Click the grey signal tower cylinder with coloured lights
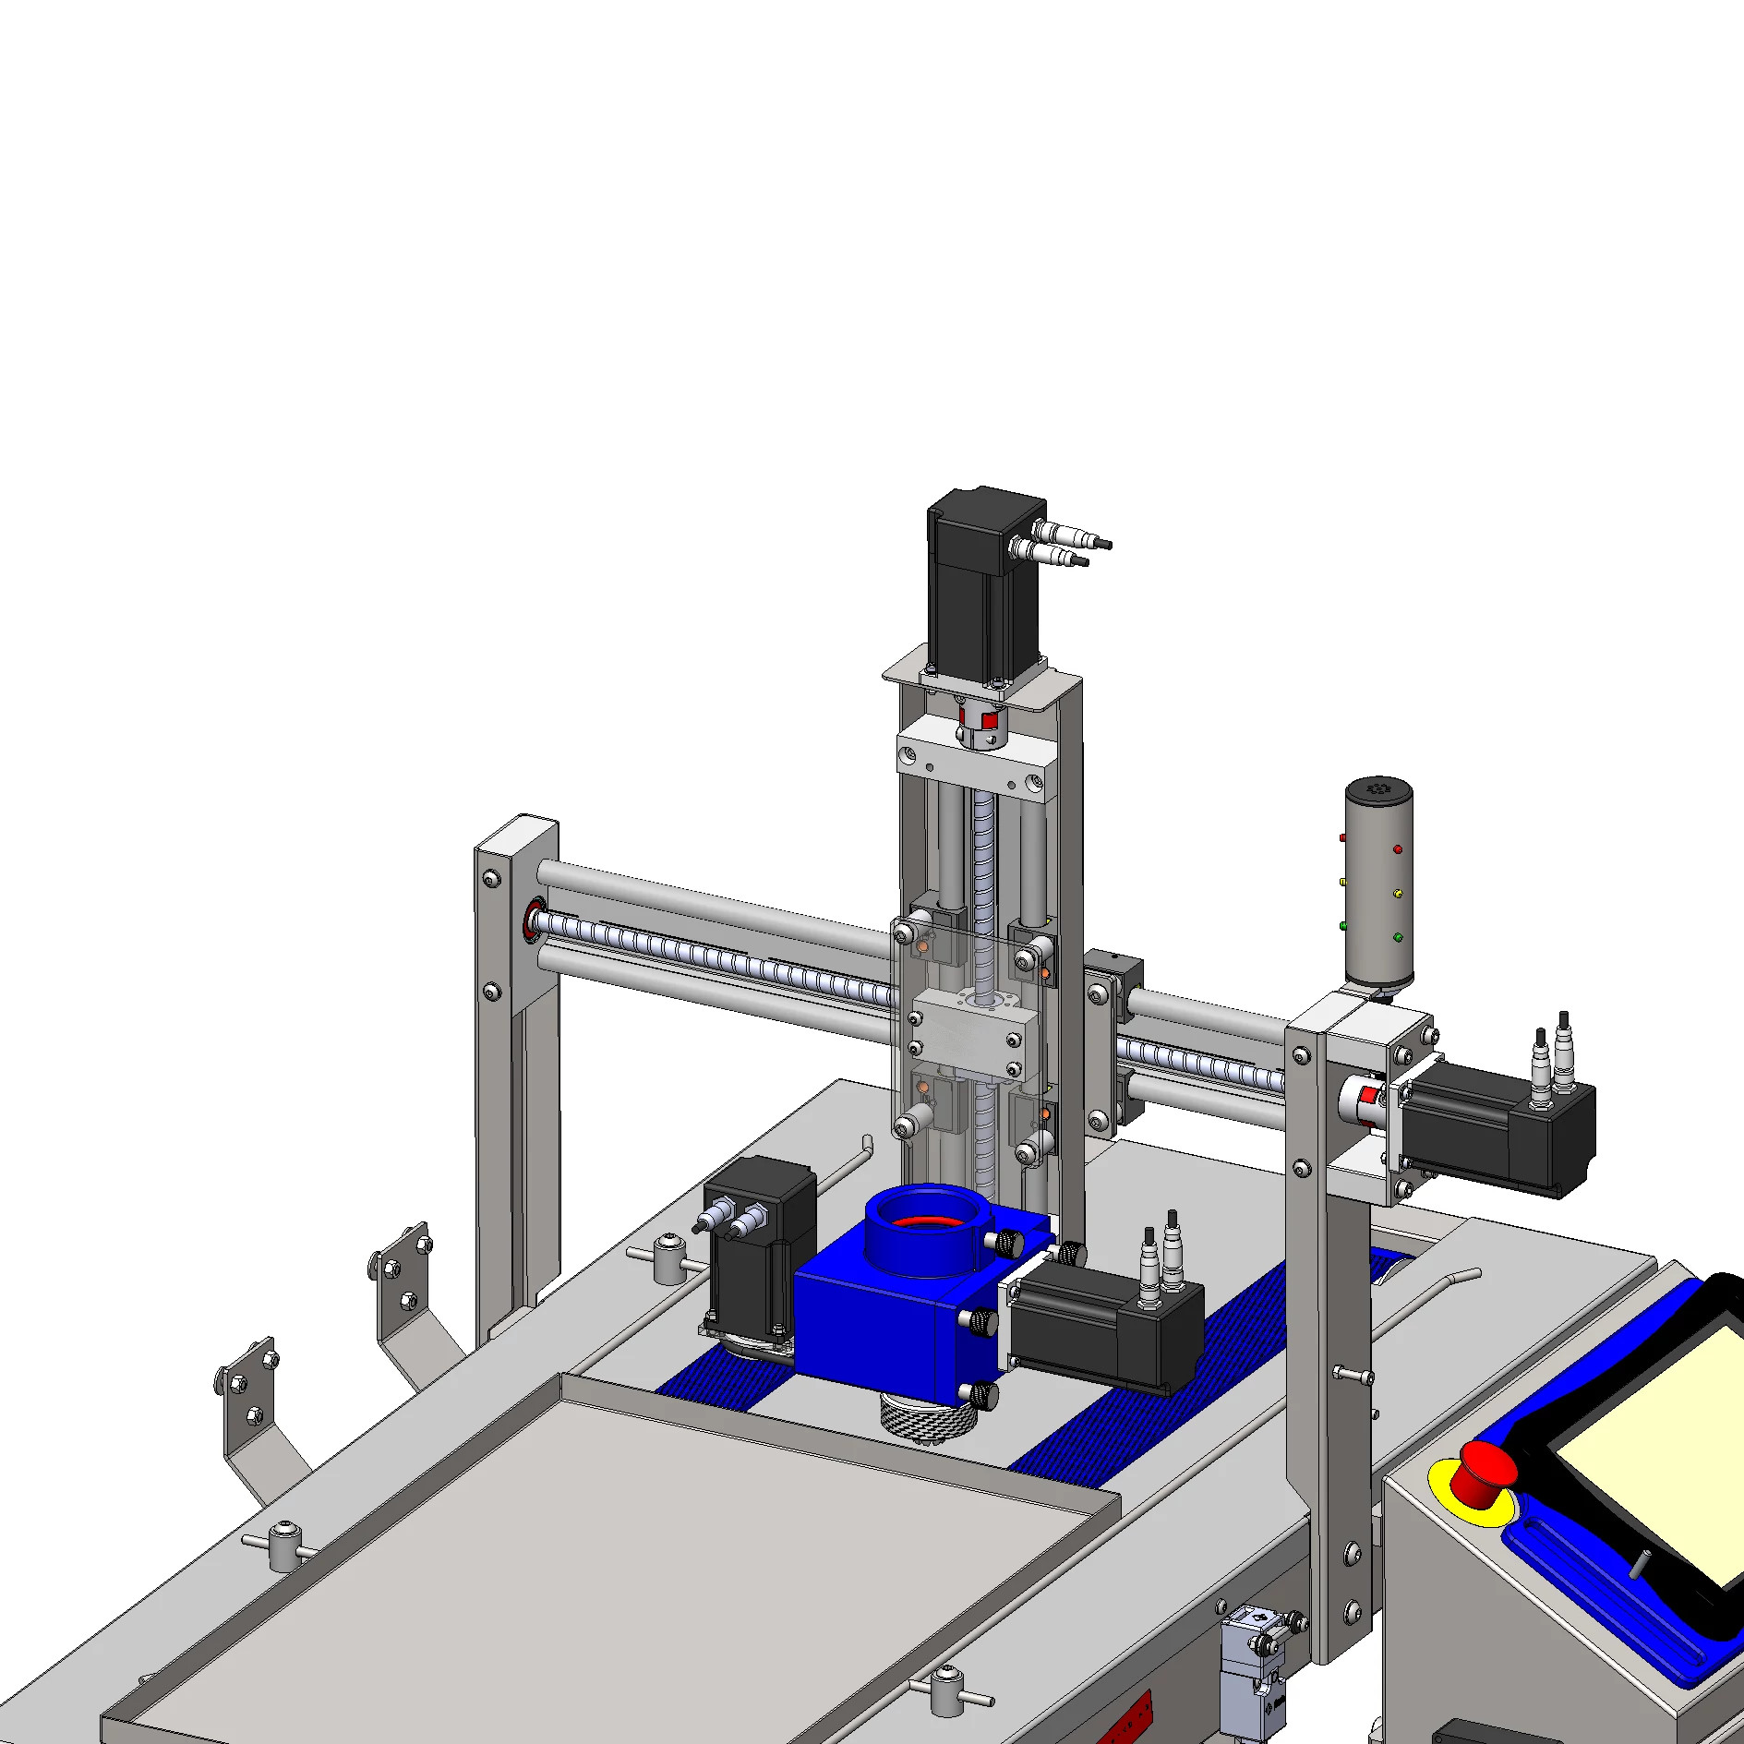[1378, 886]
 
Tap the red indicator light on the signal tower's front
[1398, 848]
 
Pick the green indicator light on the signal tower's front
[1398, 937]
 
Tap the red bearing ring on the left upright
[534, 920]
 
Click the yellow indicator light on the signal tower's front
[1398, 893]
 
